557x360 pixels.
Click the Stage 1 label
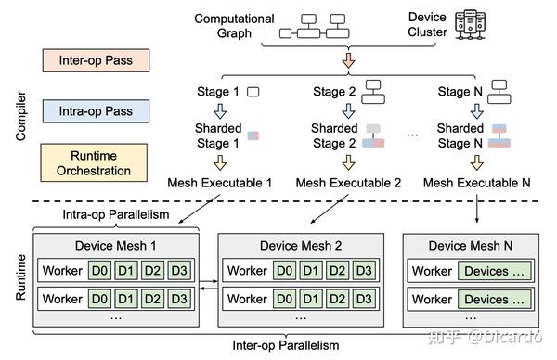(x=218, y=92)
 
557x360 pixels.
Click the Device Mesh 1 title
(x=117, y=246)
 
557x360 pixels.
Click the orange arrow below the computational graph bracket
(x=347, y=61)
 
